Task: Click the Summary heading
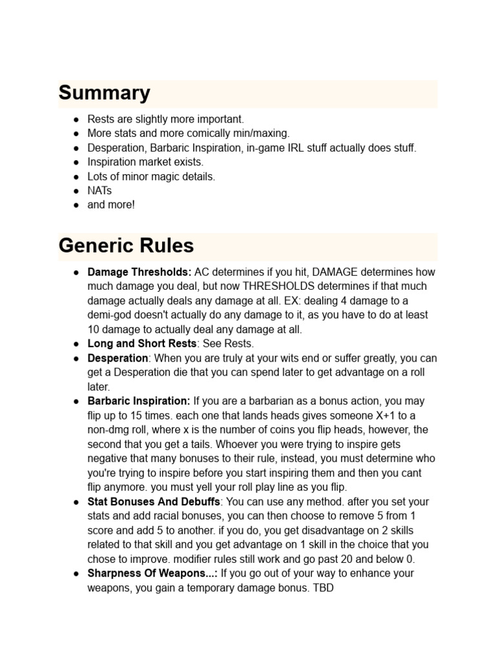[x=104, y=93]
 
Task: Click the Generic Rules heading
[x=126, y=246]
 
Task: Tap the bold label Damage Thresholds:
[x=139, y=272]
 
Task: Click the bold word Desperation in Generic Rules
[x=118, y=358]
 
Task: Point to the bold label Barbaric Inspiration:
[x=139, y=401]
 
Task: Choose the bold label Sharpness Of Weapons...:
[x=152, y=573]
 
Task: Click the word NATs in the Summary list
[x=100, y=190]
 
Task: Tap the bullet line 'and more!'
[x=111, y=205]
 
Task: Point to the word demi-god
[x=109, y=315]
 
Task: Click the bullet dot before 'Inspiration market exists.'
[x=76, y=162]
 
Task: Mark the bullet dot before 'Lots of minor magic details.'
[x=76, y=176]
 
